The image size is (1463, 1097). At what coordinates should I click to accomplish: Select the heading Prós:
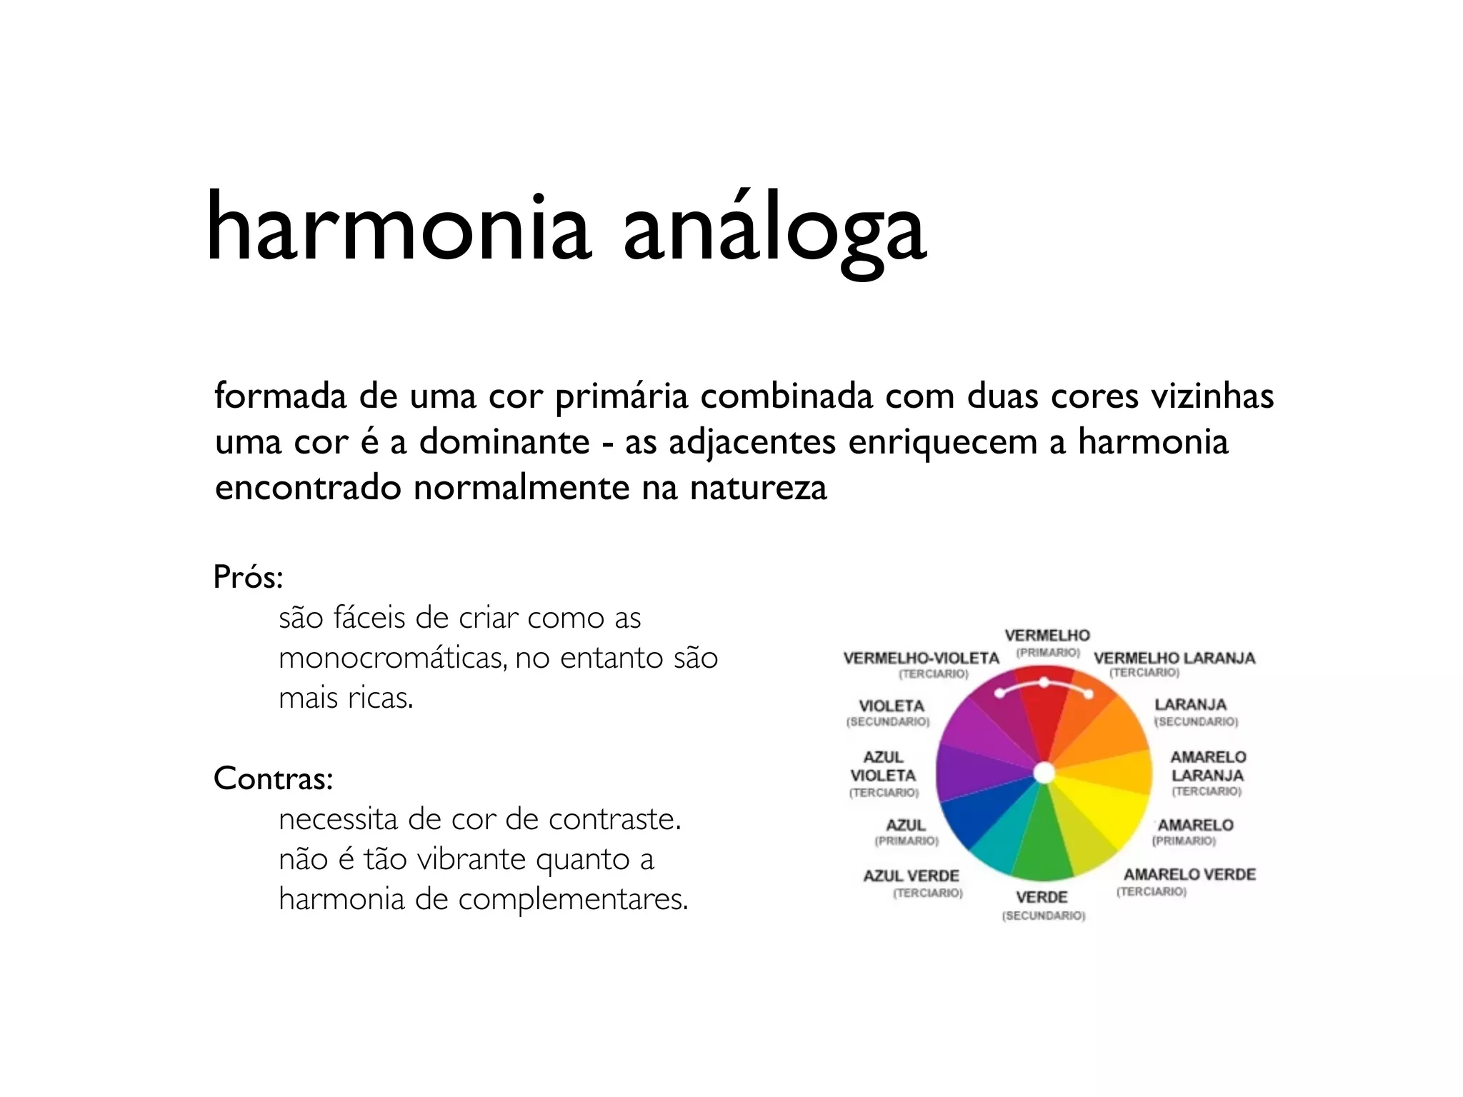pos(249,577)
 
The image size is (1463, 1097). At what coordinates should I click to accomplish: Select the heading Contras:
pos(274,778)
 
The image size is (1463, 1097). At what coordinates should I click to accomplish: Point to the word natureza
pos(758,489)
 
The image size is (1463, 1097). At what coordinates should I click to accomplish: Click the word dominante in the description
pos(504,442)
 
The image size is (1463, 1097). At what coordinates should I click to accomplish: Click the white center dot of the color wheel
pos(1044,773)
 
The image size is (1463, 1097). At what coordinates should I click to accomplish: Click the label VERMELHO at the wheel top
pos(1047,636)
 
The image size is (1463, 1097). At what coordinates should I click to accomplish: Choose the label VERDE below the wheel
pos(1042,898)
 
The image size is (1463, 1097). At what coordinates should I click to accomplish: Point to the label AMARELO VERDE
pos(1189,875)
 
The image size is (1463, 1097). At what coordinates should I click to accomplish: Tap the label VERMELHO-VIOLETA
pos(921,658)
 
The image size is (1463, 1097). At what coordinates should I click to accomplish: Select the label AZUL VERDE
pos(911,876)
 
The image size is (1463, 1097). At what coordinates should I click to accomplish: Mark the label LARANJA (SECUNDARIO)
pos(1191,706)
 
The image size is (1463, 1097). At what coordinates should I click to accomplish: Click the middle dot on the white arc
pos(1044,683)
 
